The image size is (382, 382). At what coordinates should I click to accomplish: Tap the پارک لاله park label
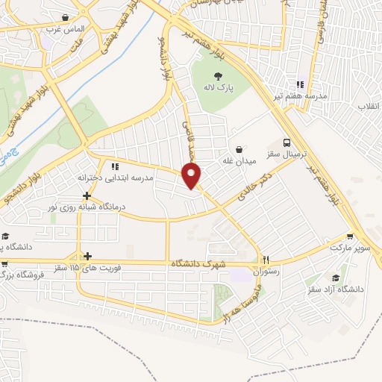[x=220, y=87]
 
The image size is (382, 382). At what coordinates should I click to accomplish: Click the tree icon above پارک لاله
[x=219, y=75]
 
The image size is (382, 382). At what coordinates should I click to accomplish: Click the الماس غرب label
[x=66, y=30]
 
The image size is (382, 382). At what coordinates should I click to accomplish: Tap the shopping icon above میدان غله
[x=239, y=148]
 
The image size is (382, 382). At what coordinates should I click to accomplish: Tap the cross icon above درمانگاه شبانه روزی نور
[x=87, y=195]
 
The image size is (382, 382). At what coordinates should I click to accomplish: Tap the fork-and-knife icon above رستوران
[x=265, y=260]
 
